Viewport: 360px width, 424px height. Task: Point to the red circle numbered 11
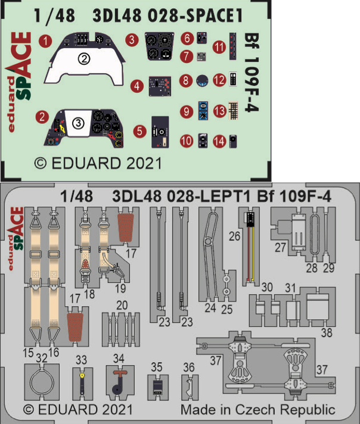click(219, 46)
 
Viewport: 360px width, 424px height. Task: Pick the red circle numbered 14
click(220, 141)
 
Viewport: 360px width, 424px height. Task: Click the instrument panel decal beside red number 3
click(159, 46)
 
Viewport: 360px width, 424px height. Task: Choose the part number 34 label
click(119, 358)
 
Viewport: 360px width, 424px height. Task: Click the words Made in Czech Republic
click(257, 410)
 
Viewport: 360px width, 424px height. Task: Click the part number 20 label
click(122, 304)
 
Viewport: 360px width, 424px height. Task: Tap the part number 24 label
click(210, 308)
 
